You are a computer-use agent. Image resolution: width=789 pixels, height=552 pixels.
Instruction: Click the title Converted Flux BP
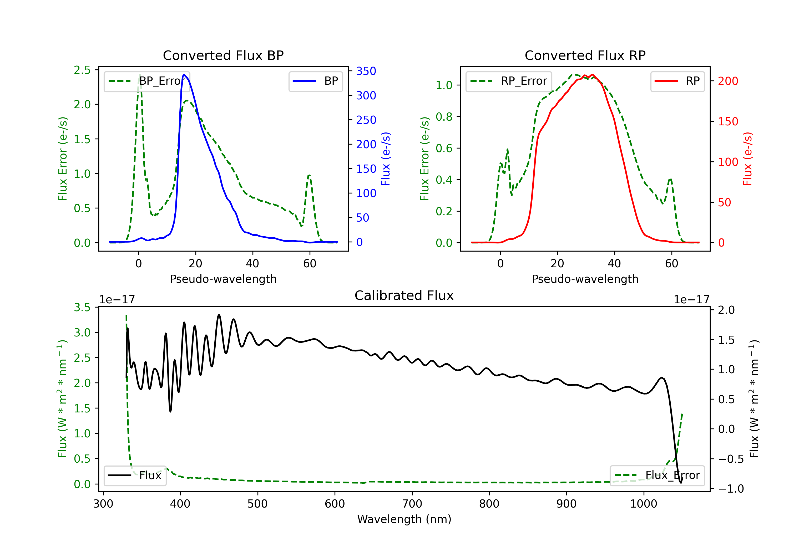[x=223, y=55]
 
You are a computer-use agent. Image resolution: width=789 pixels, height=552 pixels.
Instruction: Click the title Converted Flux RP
[x=585, y=55]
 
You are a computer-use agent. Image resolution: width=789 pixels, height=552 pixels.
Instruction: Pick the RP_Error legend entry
[x=509, y=81]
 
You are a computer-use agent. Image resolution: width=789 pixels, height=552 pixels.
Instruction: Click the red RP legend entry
[x=677, y=81]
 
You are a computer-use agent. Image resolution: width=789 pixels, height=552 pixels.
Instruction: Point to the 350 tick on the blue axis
[x=366, y=71]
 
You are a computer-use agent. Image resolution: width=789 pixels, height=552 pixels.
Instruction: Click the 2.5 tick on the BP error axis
[x=82, y=70]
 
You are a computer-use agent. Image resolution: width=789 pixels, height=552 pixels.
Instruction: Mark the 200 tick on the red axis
[x=728, y=81]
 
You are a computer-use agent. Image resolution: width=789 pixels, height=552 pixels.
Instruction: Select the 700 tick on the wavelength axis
[x=412, y=504]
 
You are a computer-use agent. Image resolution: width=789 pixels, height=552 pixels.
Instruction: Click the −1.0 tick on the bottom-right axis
[x=731, y=488]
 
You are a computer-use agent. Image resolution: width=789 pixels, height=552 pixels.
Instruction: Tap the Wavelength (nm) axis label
[x=404, y=519]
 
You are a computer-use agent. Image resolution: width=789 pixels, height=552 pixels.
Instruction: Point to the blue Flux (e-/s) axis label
[x=386, y=159]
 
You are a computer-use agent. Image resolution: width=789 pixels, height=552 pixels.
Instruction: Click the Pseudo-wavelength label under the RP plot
[x=585, y=279]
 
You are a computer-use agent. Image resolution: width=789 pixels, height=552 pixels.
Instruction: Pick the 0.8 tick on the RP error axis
[x=444, y=117]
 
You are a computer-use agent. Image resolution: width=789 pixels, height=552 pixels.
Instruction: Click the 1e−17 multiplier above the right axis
[x=691, y=300]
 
